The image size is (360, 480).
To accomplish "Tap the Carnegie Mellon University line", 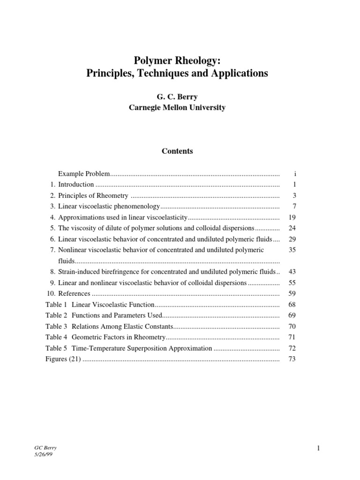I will click(x=177, y=107).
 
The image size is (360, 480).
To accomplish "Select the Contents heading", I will click(x=177, y=151).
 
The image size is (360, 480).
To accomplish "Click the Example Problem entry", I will click(x=83, y=174).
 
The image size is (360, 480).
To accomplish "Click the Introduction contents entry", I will click(x=76, y=185).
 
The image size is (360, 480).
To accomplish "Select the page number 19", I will click(x=292, y=217).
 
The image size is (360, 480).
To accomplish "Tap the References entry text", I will click(x=74, y=293).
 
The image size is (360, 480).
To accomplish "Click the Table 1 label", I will click(x=56, y=305).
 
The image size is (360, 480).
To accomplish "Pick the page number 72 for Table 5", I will click(x=292, y=348).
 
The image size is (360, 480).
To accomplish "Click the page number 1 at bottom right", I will click(x=318, y=449).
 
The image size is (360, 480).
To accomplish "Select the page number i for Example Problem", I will click(x=294, y=174).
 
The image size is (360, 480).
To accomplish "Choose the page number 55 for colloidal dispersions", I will click(x=292, y=283).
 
